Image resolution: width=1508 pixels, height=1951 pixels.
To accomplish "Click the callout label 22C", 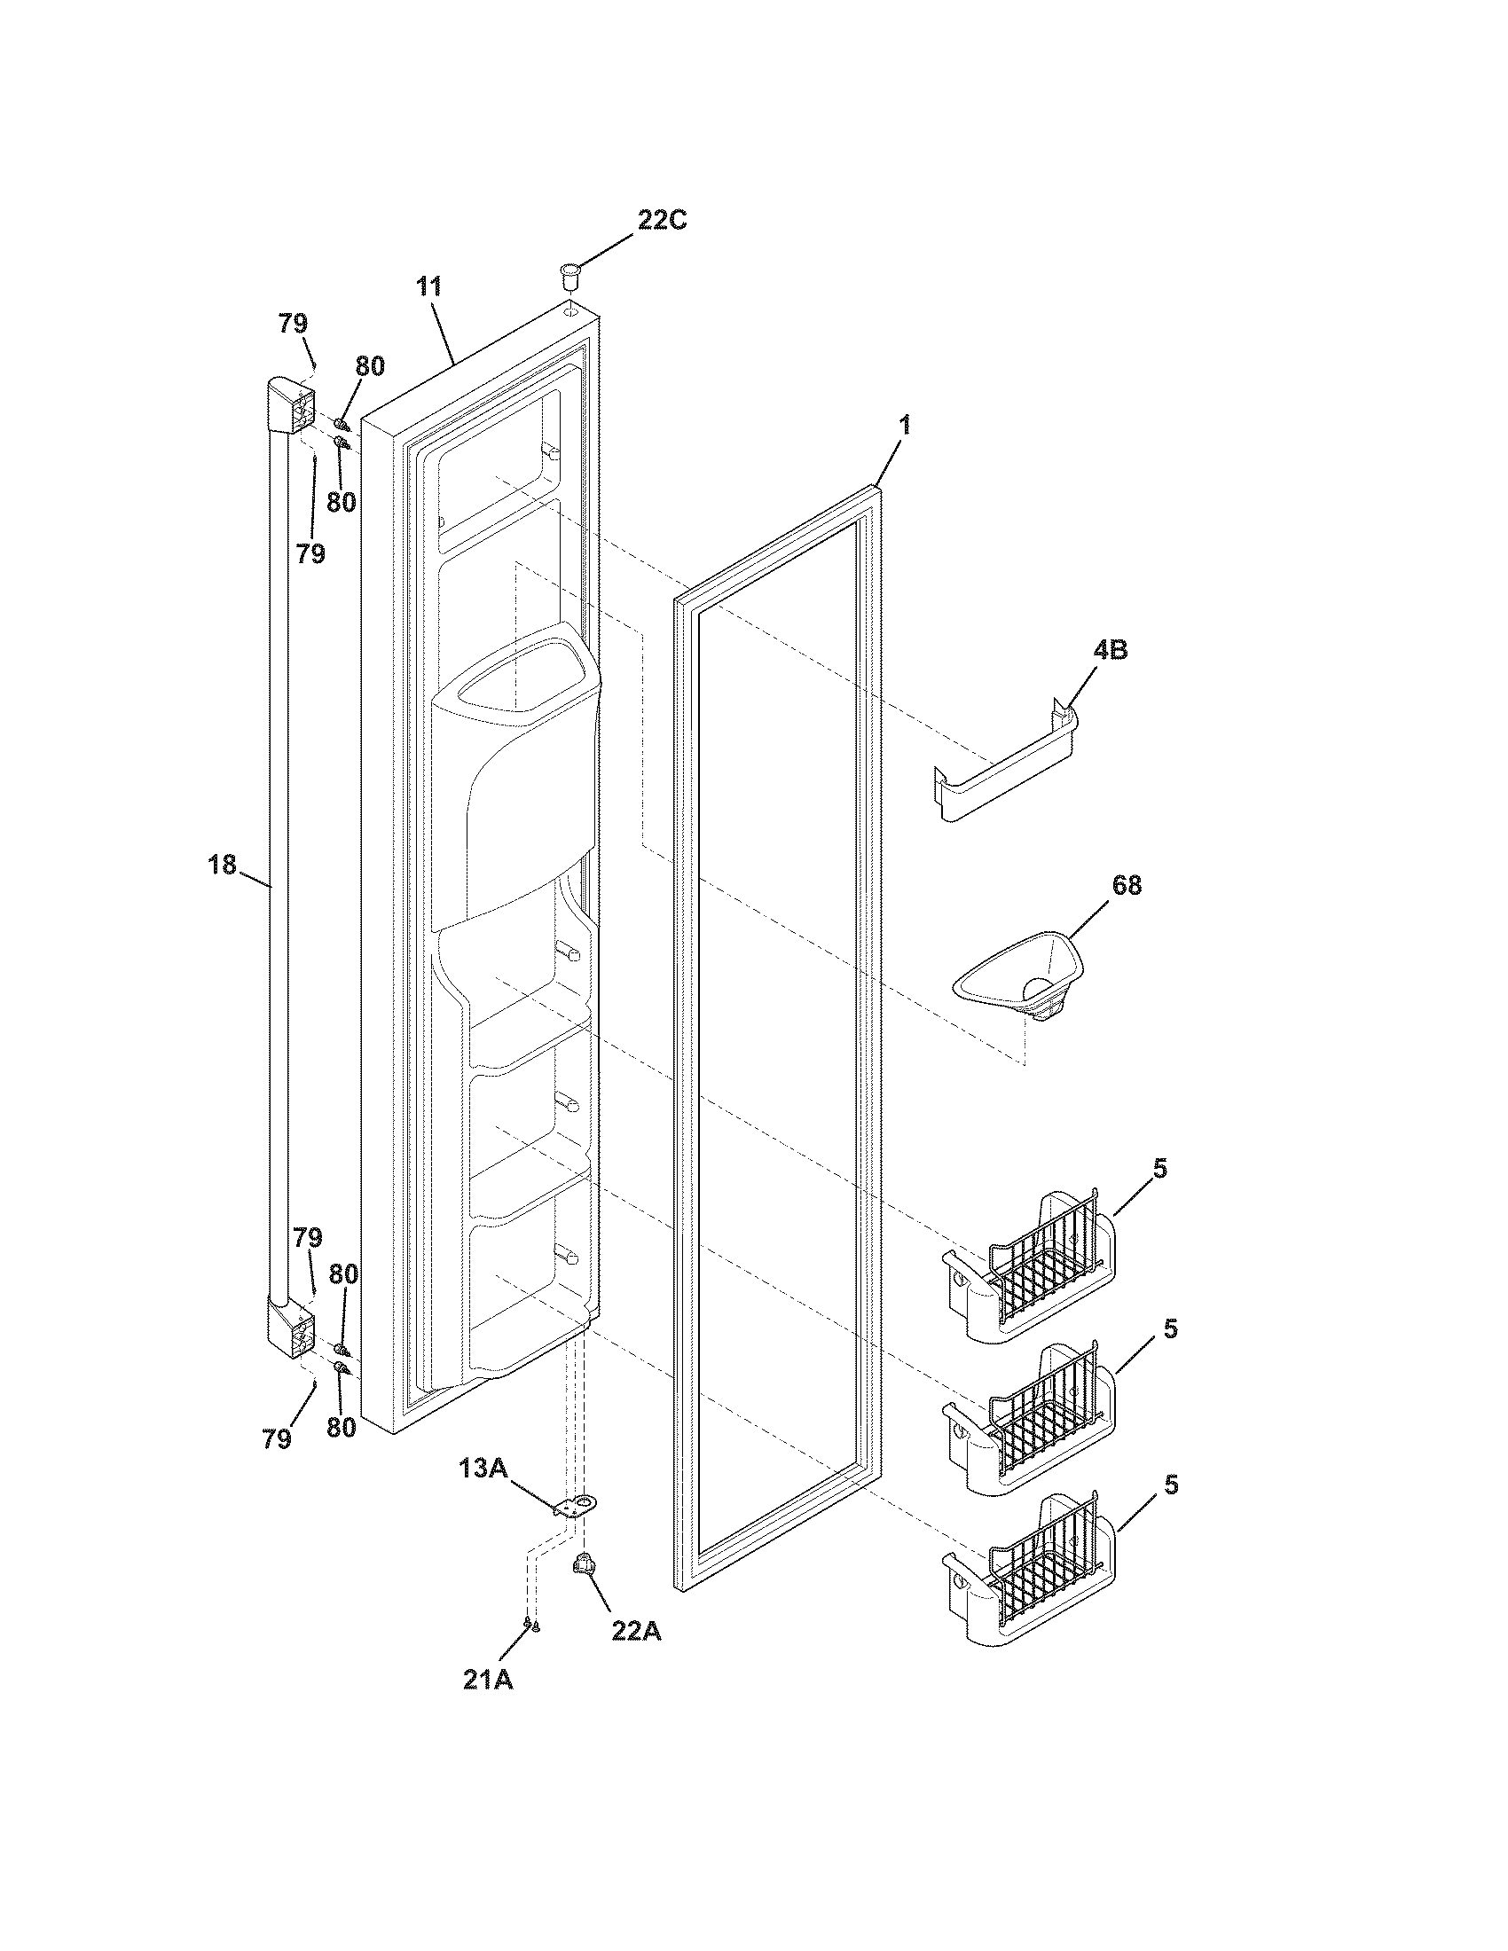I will pyautogui.click(x=662, y=220).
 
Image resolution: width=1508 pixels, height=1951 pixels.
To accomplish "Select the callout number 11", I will pyautogui.click(x=428, y=286).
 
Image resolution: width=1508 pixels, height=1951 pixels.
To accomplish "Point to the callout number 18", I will pyautogui.click(x=222, y=865).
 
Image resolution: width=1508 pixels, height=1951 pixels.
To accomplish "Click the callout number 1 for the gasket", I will pyautogui.click(x=904, y=426).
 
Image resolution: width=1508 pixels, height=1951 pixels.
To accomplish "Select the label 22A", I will pyautogui.click(x=636, y=1630).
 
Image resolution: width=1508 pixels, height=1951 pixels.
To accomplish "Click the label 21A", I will pyautogui.click(x=488, y=1680).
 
